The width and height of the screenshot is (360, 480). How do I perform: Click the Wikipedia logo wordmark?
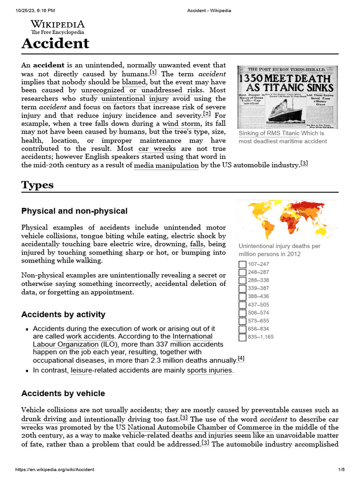click(x=57, y=24)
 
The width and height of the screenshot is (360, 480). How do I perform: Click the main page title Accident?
click(x=55, y=43)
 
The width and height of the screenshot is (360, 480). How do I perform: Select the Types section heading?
click(x=37, y=185)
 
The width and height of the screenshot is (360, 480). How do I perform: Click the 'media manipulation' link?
click(x=166, y=165)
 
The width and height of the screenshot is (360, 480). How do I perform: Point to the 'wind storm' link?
click(x=182, y=124)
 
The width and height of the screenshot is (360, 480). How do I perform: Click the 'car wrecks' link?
click(x=157, y=149)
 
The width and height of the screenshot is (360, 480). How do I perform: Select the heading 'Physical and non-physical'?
click(x=75, y=211)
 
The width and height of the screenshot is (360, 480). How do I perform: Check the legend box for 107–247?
click(x=242, y=264)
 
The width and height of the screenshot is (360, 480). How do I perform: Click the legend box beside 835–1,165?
click(x=242, y=337)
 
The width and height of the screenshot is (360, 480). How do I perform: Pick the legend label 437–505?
click(x=259, y=305)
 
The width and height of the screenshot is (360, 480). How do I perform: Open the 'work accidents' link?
click(x=90, y=337)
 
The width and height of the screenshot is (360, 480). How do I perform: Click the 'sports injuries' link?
click(x=210, y=370)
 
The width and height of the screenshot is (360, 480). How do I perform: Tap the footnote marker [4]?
click(x=241, y=359)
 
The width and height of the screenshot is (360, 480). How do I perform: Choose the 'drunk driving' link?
click(x=44, y=419)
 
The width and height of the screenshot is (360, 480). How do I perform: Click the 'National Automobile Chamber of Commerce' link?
click(x=200, y=427)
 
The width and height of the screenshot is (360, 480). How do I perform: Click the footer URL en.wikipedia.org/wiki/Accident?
click(x=55, y=470)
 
